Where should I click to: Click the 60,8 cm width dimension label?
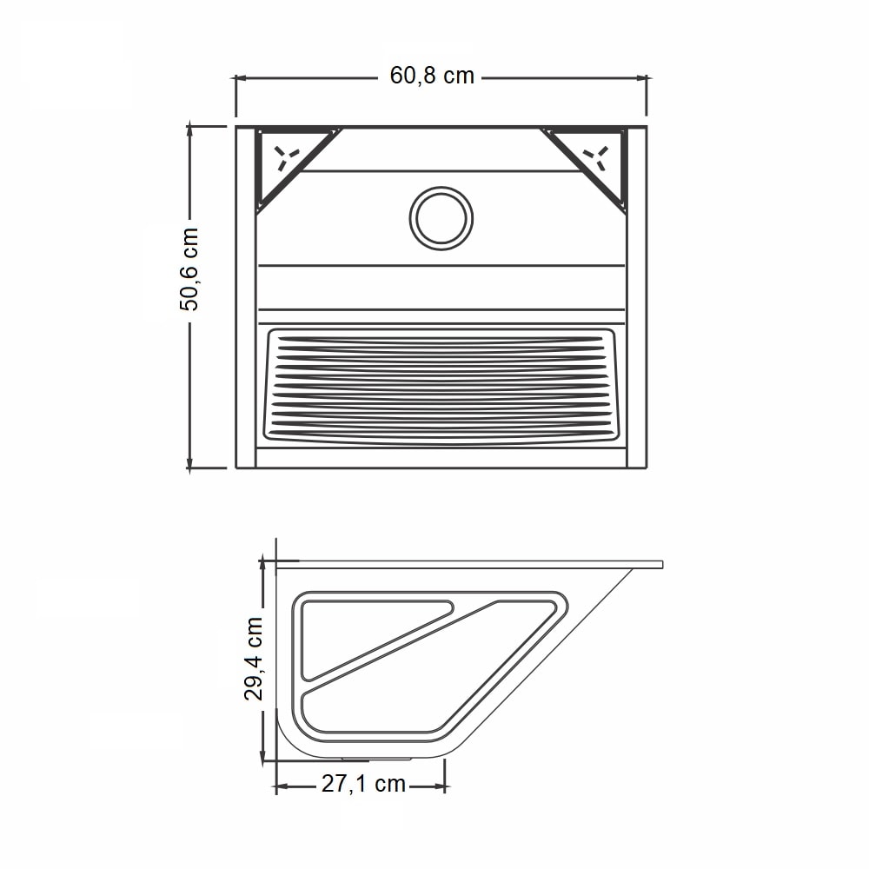(432, 76)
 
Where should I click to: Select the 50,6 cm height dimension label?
(189, 269)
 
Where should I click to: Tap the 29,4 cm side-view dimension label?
(255, 659)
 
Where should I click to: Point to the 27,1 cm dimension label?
(363, 784)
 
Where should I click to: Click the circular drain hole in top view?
(442, 217)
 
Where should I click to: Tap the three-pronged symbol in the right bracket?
(596, 156)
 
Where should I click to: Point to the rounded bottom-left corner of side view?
(289, 739)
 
